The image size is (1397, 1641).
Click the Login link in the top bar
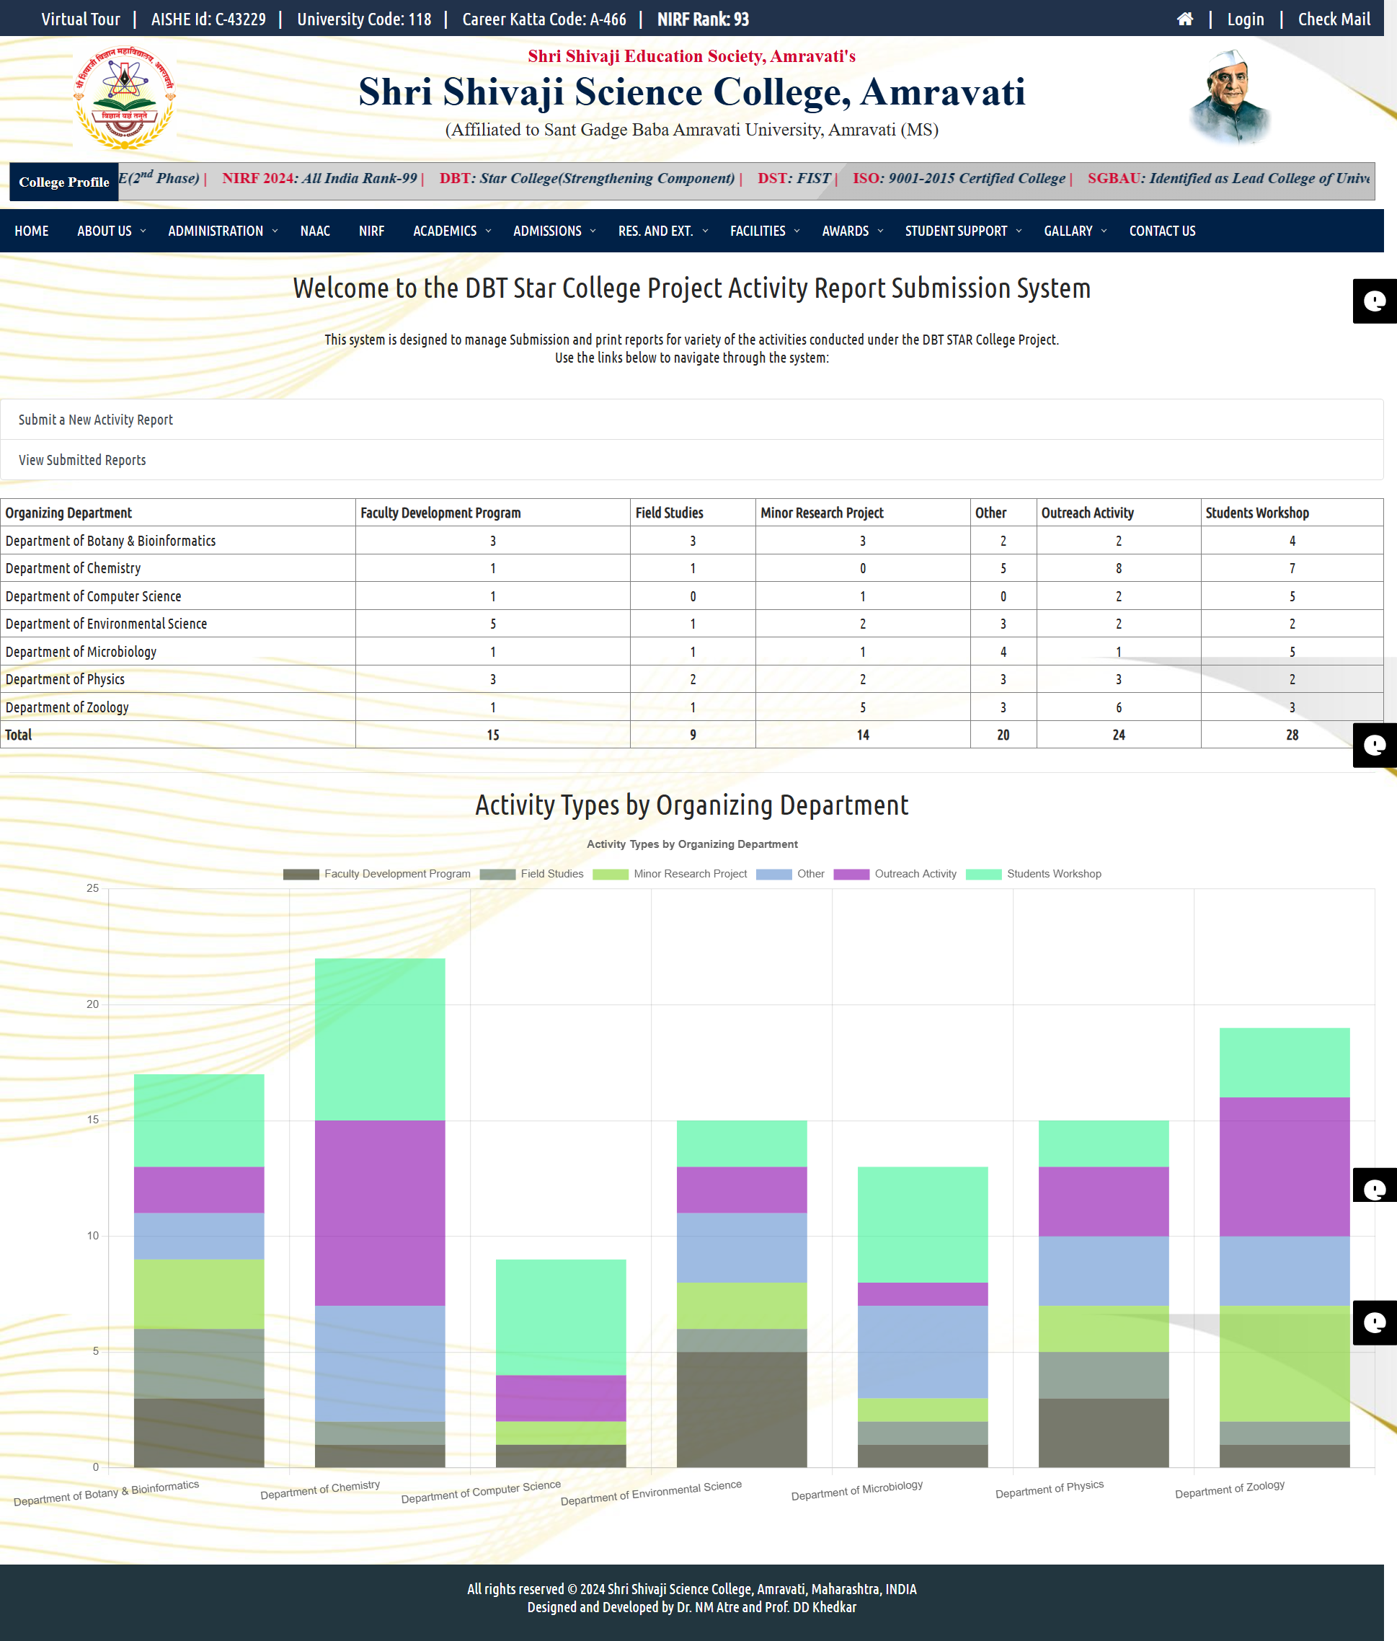pos(1245,19)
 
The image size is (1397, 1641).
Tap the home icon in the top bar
pos(1185,19)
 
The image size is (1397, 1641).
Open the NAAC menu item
pos(315,231)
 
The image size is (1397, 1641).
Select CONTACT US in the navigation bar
pos(1162,231)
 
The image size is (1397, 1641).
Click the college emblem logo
pos(124,98)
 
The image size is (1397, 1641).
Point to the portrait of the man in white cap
pos(1230,97)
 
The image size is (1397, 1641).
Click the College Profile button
pos(64,182)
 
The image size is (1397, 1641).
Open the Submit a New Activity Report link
pos(96,420)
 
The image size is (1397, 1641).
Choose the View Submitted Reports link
pos(82,460)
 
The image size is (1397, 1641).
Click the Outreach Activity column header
pos(1087,513)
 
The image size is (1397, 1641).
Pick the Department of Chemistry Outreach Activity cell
pos(1118,569)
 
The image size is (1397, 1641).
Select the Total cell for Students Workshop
pos(1292,735)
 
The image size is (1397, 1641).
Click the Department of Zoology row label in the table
pos(67,707)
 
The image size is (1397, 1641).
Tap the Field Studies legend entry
pos(552,874)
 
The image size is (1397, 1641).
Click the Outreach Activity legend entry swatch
pos(851,875)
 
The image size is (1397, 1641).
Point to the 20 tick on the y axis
pos(93,1004)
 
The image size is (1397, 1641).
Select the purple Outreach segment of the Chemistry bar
pos(380,1213)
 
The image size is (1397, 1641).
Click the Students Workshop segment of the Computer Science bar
pos(561,1317)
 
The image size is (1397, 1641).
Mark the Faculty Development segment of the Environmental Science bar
pos(742,1409)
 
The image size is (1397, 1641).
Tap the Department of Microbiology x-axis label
pos(857,1490)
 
